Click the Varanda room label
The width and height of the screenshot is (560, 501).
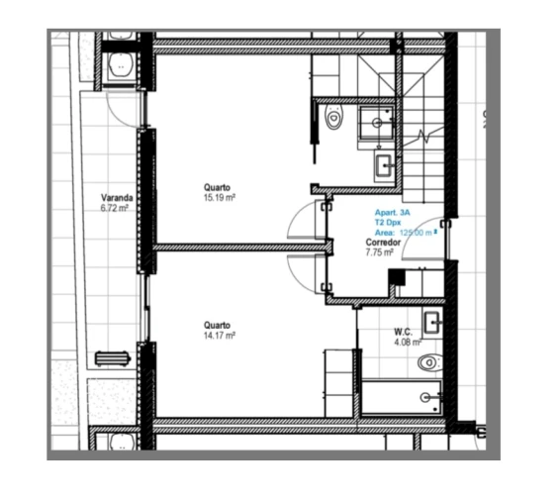coord(117,198)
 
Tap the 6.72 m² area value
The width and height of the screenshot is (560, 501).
coord(115,209)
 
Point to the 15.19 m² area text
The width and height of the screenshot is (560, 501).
coord(218,197)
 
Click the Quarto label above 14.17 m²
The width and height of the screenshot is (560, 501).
coord(218,325)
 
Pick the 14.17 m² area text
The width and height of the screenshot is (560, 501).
coord(218,336)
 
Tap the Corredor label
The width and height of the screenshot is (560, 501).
coord(381,243)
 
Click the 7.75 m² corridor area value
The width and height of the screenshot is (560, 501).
coord(380,252)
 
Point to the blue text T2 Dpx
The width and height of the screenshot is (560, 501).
coord(386,224)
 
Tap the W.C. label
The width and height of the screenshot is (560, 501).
coord(403,332)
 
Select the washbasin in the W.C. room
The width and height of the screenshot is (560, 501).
coord(432,322)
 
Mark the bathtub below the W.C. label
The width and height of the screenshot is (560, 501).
coord(400,397)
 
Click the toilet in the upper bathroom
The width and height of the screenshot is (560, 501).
coord(333,118)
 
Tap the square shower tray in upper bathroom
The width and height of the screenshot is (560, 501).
coord(378,122)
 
